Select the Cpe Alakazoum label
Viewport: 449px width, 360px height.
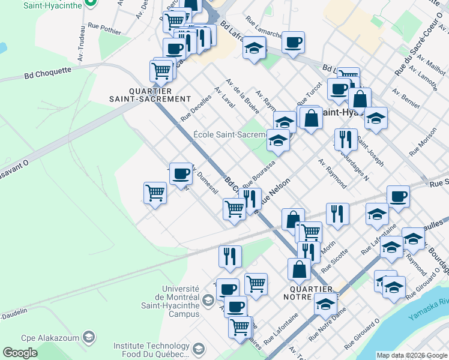pyautogui.click(x=51, y=337)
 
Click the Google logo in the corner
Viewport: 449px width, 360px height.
pyautogui.click(x=20, y=353)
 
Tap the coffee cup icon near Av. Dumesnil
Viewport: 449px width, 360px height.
pyautogui.click(x=180, y=174)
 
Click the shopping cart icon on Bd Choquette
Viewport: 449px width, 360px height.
pyautogui.click(x=161, y=70)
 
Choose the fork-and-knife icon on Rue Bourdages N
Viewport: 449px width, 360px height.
pyautogui.click(x=345, y=139)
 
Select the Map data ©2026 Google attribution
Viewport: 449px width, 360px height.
pyautogui.click(x=412, y=355)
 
